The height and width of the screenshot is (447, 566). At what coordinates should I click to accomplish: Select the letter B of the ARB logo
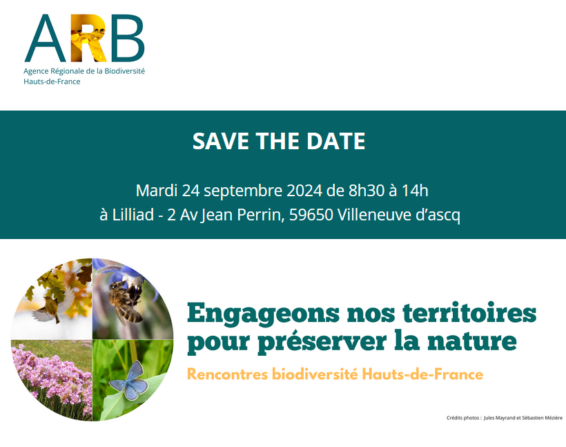pyautogui.click(x=128, y=39)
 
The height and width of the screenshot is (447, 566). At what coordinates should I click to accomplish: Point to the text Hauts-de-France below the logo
pyautogui.click(x=52, y=82)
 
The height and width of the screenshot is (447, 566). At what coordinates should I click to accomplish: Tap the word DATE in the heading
pyautogui.click(x=338, y=142)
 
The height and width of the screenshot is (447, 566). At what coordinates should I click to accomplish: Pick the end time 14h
pyautogui.click(x=415, y=190)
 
